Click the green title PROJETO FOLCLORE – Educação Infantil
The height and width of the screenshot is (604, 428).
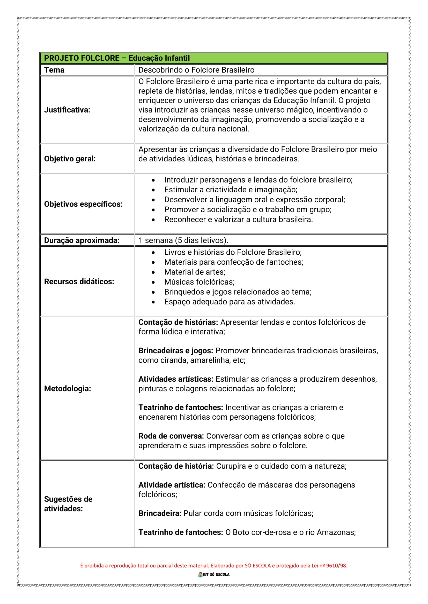click(117, 58)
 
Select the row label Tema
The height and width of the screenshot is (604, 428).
click(54, 70)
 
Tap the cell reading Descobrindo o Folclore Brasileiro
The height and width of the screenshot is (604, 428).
click(196, 70)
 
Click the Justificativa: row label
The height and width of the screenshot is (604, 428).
click(67, 110)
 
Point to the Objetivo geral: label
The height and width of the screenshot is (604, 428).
click(70, 159)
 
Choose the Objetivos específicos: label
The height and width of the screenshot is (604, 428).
click(83, 204)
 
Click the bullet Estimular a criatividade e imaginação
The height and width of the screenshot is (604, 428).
click(231, 190)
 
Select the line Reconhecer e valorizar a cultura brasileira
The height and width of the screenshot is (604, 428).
click(238, 219)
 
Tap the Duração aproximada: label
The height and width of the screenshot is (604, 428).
click(82, 240)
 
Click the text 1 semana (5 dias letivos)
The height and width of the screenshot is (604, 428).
click(183, 240)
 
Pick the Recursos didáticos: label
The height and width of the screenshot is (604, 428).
click(79, 281)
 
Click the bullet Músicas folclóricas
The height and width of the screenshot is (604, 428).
click(199, 282)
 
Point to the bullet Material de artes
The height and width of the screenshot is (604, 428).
click(195, 272)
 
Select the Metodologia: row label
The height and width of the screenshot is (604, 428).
click(68, 389)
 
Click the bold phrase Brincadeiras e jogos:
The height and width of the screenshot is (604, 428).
click(176, 351)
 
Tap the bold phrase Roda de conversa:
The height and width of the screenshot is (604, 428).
click(171, 436)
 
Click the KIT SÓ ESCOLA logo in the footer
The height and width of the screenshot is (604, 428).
click(214, 575)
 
